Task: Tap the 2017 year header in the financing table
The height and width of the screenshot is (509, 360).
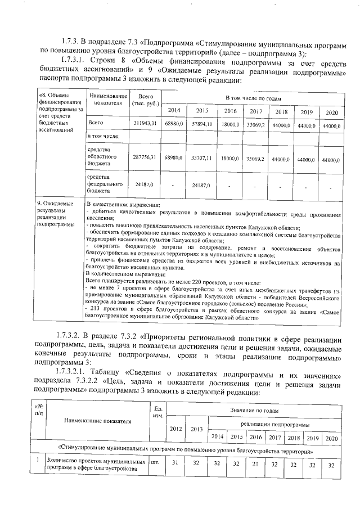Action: [x=256, y=111]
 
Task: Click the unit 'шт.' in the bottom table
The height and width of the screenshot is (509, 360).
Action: [x=155, y=463]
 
